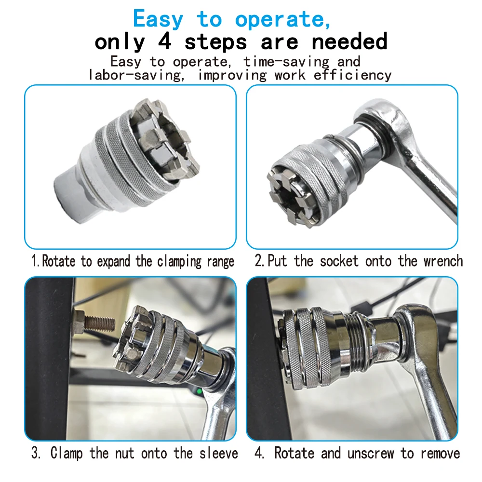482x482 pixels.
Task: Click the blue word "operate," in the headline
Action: coord(282,20)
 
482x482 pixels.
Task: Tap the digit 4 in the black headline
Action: coord(165,41)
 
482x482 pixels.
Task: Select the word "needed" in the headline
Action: coord(349,41)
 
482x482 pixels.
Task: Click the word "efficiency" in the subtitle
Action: coord(353,75)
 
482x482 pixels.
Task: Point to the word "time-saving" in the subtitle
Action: coord(286,62)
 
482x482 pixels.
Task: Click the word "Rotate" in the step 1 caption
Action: coord(58,261)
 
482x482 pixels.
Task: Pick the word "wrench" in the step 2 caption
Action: coord(443,261)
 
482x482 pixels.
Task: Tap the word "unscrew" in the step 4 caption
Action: coord(370,454)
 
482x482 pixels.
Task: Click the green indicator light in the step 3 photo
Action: coord(199,391)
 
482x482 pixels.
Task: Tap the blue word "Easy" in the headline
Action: coord(158,19)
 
